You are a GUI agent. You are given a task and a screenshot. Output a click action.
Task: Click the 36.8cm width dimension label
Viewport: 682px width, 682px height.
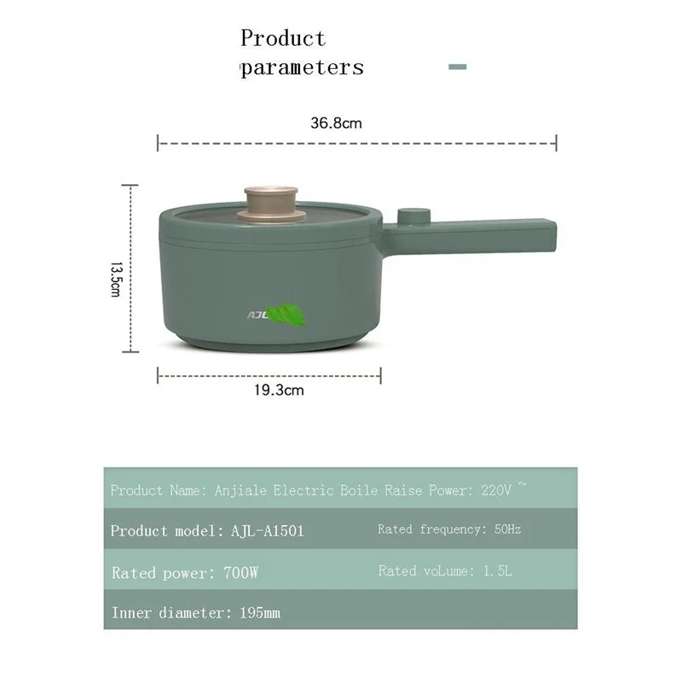pyautogui.click(x=336, y=123)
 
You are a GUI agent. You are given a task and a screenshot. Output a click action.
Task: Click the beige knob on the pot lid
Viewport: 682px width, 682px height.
pyautogui.click(x=269, y=202)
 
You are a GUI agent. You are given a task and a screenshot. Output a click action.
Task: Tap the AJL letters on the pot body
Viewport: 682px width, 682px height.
pyautogui.click(x=257, y=315)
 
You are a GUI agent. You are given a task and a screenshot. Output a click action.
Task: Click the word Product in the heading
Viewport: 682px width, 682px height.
pyautogui.click(x=282, y=38)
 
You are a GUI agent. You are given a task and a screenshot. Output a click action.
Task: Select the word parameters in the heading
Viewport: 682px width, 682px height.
pyautogui.click(x=301, y=68)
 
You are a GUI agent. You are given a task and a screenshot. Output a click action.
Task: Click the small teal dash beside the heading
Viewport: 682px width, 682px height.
pyautogui.click(x=457, y=66)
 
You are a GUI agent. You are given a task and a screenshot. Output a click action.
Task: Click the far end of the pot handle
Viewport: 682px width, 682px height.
pyautogui.click(x=546, y=230)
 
